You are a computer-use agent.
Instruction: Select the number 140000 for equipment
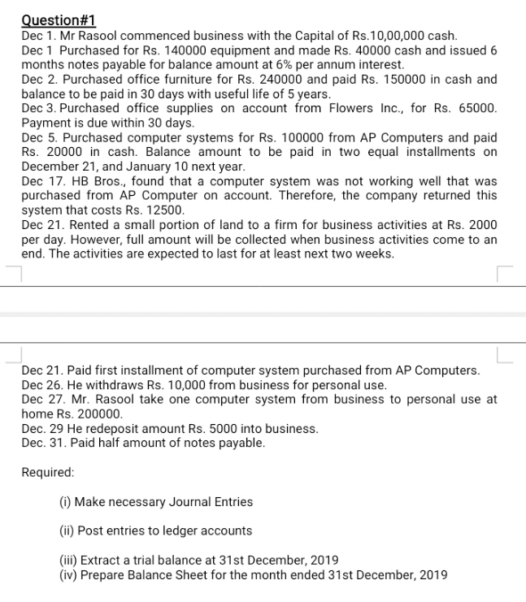tap(173, 50)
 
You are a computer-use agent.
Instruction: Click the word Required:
tap(48, 472)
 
